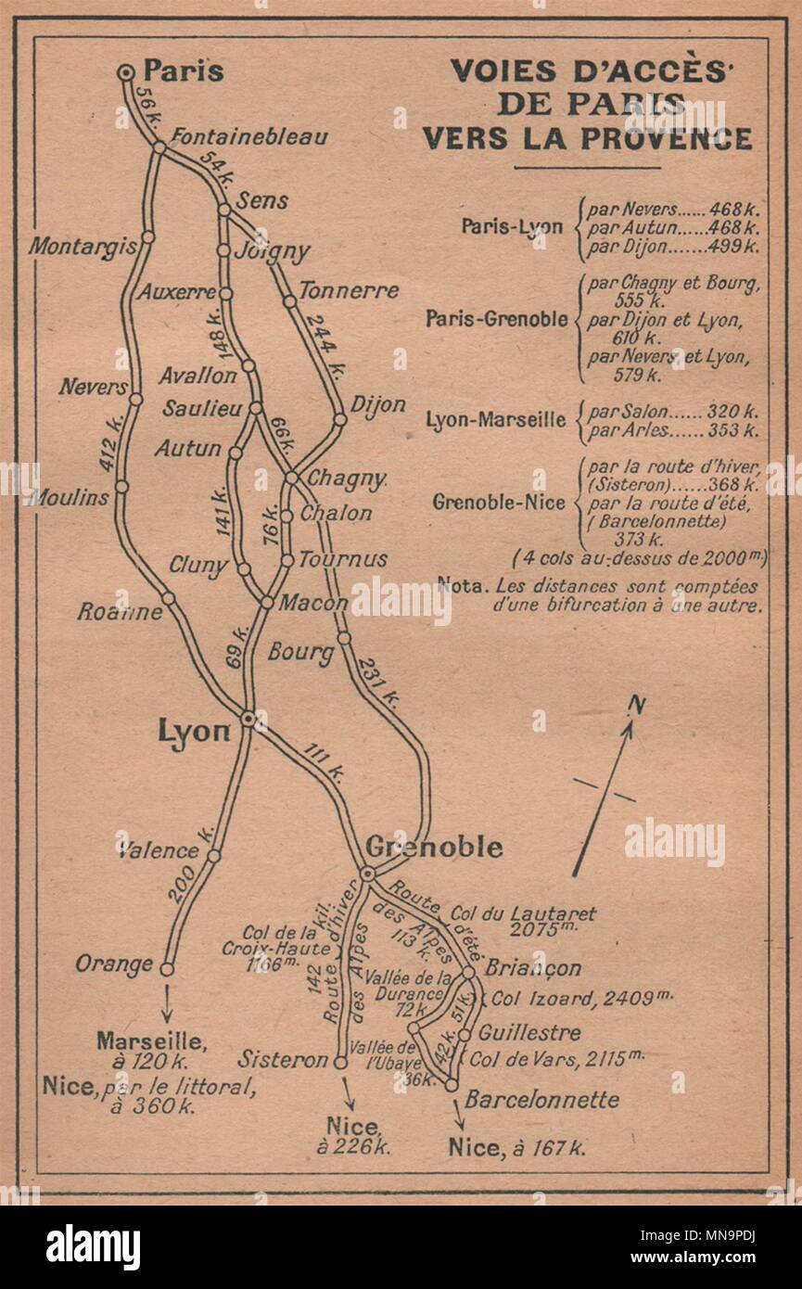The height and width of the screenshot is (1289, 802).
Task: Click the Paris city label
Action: click(184, 71)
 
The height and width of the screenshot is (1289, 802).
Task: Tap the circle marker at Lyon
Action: click(248, 718)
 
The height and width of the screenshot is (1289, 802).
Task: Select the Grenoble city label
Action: click(434, 847)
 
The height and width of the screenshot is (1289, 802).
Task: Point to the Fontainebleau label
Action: click(249, 136)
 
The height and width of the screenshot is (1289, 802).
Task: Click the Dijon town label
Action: click(377, 404)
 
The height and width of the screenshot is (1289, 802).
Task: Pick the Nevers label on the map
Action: click(93, 387)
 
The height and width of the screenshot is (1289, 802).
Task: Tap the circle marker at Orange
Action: click(167, 969)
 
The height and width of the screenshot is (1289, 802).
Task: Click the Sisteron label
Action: click(283, 1059)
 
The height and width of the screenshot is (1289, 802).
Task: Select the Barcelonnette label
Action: click(541, 1100)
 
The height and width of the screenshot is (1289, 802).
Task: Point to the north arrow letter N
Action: click(636, 706)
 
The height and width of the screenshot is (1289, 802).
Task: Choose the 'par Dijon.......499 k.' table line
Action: click(673, 247)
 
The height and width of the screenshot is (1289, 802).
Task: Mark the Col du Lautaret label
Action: click(524, 914)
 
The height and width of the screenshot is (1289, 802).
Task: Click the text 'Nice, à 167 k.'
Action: click(516, 1147)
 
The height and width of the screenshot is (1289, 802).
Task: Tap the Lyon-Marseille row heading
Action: click(495, 419)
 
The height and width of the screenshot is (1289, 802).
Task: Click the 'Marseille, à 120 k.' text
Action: click(151, 1050)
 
